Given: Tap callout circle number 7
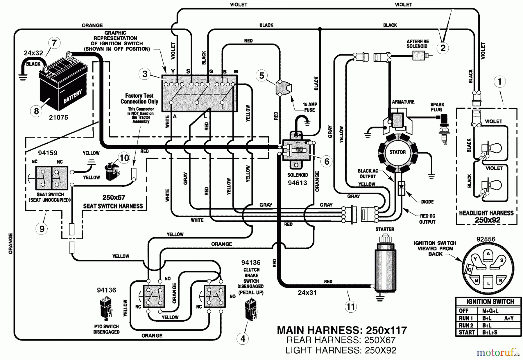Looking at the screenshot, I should coord(54,43).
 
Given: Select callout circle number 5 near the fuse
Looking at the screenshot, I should coord(261,76).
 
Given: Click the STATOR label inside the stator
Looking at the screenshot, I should coord(397,152).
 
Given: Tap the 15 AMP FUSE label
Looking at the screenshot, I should coord(310,107).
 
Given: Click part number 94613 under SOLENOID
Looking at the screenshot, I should coord(298,183).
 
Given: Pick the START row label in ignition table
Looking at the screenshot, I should coord(467,332).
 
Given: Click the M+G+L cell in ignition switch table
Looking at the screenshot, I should coord(490,311).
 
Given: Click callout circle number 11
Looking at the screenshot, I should coord(351,307).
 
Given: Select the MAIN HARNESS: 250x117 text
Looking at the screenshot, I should coord(342,330).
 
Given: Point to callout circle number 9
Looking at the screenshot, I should coord(42,229).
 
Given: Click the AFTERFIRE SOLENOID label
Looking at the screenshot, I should coord(418,44).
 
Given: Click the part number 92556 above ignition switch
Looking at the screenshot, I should coord(486,239).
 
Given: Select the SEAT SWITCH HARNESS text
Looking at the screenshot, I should coord(113,206).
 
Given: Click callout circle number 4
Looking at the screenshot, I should coord(243,338).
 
